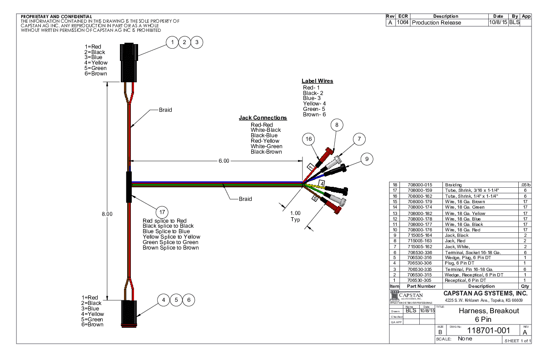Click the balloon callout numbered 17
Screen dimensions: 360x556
click(x=162, y=212)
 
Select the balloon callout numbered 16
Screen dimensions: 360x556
click(x=309, y=139)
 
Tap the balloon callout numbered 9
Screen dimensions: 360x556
click(x=367, y=159)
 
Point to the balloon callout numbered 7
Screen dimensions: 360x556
click(x=359, y=139)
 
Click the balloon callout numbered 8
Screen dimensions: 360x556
click(x=337, y=125)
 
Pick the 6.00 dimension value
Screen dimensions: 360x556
click(x=223, y=160)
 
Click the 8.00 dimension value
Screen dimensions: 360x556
click(x=107, y=214)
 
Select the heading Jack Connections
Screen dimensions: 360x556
click(x=263, y=118)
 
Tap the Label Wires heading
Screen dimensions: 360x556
click(x=317, y=81)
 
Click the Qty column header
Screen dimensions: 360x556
click(x=525, y=286)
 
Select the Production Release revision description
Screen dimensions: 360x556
click(x=436, y=22)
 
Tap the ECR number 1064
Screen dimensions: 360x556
click(x=402, y=22)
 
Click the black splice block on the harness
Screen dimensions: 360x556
click(x=129, y=186)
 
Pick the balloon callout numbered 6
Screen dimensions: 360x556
click(x=189, y=300)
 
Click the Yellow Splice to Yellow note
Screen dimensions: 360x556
click(x=171, y=237)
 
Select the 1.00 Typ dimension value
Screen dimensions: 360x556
click(x=295, y=216)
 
